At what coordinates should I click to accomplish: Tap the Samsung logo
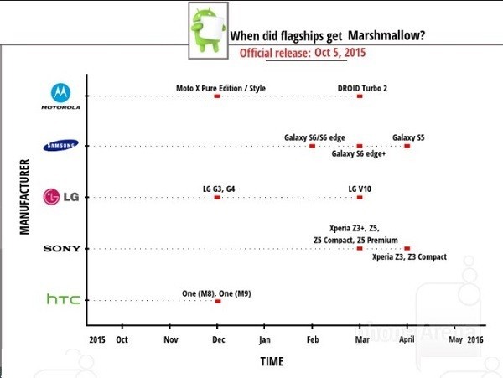[x=61, y=146]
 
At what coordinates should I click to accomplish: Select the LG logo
[x=61, y=198]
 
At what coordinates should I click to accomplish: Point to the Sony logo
[x=61, y=249]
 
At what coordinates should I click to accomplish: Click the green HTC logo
[x=63, y=299]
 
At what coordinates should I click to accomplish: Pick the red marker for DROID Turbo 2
[x=360, y=96]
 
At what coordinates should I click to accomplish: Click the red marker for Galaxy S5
[x=407, y=146]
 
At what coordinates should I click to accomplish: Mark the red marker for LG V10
[x=360, y=198]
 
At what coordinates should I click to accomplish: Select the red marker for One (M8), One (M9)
[x=218, y=300]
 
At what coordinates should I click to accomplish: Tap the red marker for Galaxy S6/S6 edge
[x=312, y=146]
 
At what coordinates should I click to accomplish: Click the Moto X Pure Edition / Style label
[x=217, y=87]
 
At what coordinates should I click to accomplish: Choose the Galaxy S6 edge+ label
[x=359, y=154]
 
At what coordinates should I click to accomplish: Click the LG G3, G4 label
[x=218, y=189]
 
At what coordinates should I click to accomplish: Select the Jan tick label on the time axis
[x=264, y=340]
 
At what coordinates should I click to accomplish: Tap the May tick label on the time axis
[x=455, y=340]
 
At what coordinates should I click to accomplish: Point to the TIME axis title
[x=271, y=361]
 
